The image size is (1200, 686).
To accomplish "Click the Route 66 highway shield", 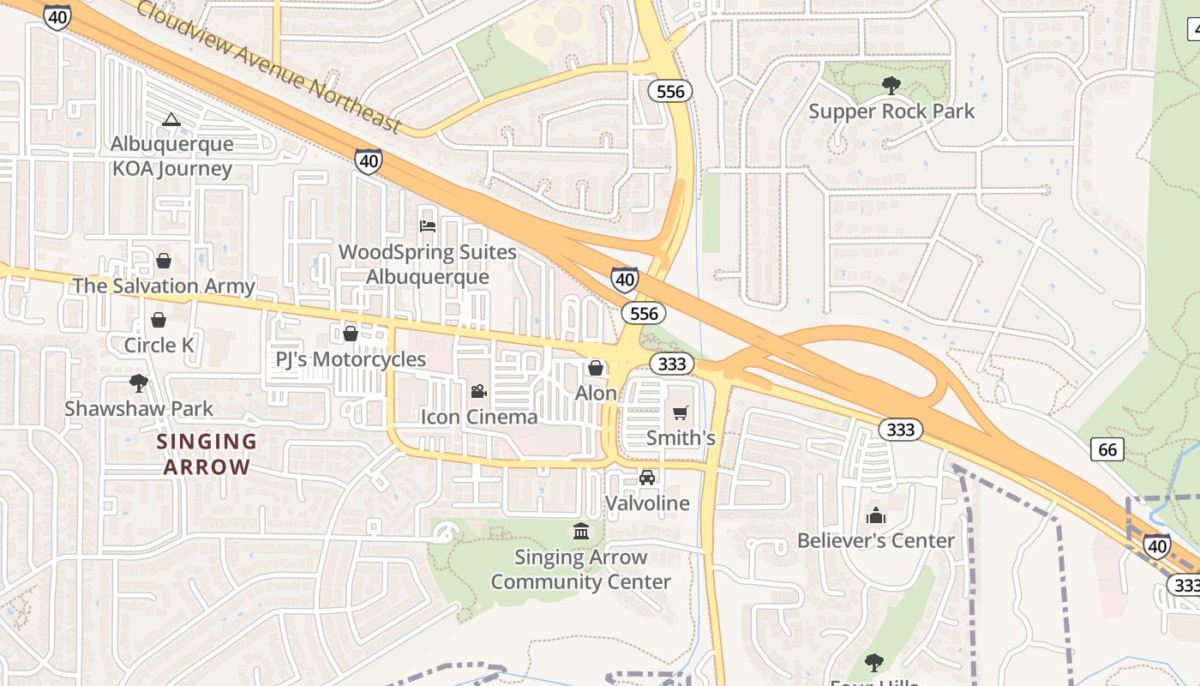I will [x=1108, y=449].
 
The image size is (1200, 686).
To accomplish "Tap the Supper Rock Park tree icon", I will [x=891, y=84].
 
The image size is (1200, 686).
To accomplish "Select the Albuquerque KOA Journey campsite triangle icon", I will [x=171, y=119].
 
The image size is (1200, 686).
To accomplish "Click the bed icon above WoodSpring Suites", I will [x=428, y=226].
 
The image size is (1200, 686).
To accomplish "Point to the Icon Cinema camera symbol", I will [x=478, y=391].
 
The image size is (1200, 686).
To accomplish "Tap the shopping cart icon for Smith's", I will [x=681, y=413].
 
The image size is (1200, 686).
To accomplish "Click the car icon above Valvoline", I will [x=647, y=478].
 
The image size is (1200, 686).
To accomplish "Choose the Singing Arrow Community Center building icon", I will [x=581, y=532].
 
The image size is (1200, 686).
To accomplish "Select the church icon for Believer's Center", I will [x=875, y=515].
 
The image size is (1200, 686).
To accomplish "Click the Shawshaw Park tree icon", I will [x=138, y=382].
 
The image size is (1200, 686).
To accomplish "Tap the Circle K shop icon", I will [x=159, y=320].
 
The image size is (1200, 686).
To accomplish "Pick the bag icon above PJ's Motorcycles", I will [x=351, y=334].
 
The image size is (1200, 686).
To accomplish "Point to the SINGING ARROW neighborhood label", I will [x=207, y=454].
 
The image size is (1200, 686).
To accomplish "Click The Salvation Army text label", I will [x=164, y=286].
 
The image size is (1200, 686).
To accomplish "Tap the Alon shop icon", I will [x=596, y=368].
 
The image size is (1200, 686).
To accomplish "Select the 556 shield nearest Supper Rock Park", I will [x=669, y=90].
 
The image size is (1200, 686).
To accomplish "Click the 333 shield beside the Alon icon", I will [x=671, y=364].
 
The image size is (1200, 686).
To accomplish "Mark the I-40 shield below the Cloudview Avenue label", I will [x=369, y=160].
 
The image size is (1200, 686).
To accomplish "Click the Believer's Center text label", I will [x=875, y=540].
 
